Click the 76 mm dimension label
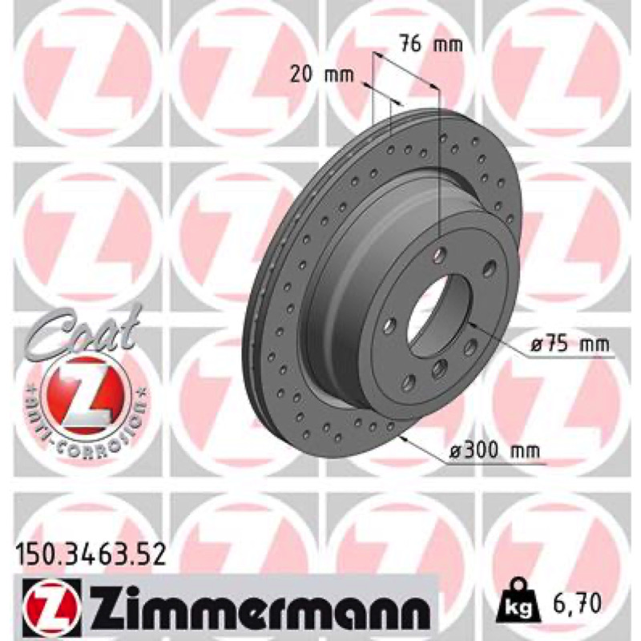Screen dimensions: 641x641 pos(431,44)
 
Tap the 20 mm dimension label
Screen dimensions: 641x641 pos(322,75)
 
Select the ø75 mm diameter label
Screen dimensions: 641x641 pos(570,345)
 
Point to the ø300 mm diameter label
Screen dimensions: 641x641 pos(494,451)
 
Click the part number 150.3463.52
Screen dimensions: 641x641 pos(91,555)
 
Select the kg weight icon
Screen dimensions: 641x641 pos(518,602)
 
